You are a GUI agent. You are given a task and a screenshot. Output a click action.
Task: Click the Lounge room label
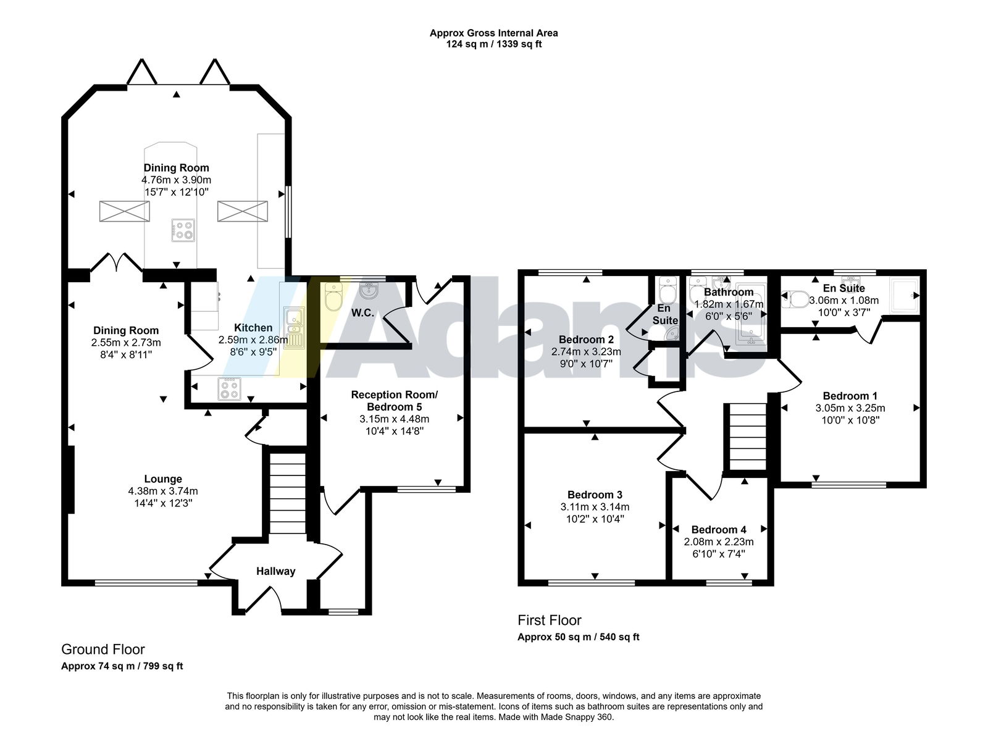[163, 479]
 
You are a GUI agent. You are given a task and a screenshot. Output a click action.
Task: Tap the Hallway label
[276, 571]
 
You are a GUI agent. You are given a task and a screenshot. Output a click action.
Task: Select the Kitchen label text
[253, 327]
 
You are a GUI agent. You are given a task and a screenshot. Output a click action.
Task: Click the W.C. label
[362, 313]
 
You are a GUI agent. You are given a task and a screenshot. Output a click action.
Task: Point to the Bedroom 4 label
[719, 530]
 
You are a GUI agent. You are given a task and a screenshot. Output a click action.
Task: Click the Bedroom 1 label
[850, 396]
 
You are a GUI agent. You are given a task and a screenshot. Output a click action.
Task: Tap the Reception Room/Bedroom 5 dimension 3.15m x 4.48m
[394, 419]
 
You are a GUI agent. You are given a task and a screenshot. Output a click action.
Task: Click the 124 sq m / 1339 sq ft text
[493, 44]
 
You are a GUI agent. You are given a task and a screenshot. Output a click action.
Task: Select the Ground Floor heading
[103, 650]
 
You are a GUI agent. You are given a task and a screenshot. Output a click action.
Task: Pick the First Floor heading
[549, 620]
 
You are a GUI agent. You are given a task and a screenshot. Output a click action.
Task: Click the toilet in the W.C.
[333, 296]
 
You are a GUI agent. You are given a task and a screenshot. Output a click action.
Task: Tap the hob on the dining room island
[183, 230]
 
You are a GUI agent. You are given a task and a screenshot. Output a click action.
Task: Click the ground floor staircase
[287, 493]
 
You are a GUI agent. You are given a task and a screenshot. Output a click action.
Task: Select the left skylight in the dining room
[124, 211]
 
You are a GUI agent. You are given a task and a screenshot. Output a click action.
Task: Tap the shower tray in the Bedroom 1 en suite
[904, 294]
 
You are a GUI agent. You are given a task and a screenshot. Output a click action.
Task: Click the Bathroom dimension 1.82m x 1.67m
[729, 304]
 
